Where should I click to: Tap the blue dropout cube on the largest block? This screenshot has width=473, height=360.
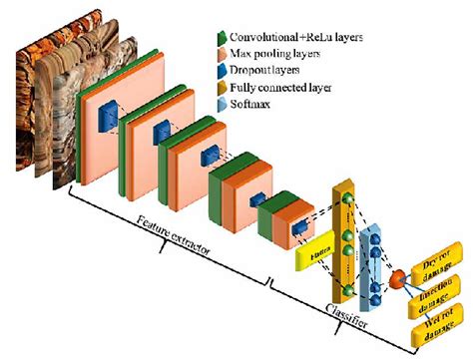pyautogui.click(x=107, y=117)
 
